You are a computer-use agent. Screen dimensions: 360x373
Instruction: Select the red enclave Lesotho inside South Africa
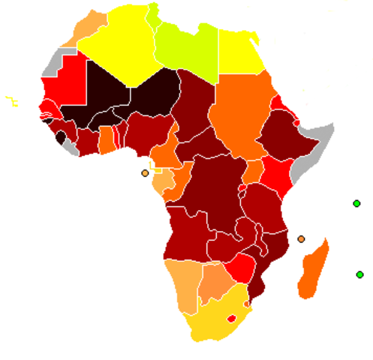pos(231,318)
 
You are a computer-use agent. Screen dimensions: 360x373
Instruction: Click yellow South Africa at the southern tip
pos(210,322)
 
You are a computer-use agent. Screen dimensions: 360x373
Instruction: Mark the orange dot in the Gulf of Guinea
pos(145,173)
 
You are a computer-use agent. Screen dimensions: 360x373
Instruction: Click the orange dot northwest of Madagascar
pos(301,239)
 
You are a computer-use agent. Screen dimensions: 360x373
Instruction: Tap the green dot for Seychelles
pos(356,203)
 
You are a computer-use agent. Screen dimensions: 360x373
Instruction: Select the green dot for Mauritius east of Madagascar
pos(360,274)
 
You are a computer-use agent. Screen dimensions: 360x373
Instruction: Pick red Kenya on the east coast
pos(275,177)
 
